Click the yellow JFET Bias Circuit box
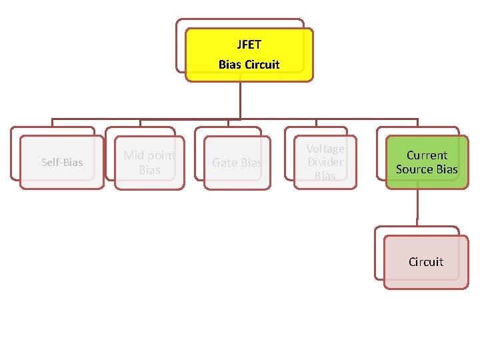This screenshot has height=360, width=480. pyautogui.click(x=249, y=55)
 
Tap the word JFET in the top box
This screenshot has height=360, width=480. pyautogui.click(x=249, y=45)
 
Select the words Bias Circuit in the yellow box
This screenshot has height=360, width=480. pyautogui.click(x=249, y=65)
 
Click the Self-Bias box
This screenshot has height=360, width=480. pyautogui.click(x=62, y=163)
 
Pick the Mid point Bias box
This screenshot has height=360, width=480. pyautogui.click(x=149, y=163)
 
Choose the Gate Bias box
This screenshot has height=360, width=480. pyautogui.click(x=237, y=163)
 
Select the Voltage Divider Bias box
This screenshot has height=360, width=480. pyautogui.click(x=325, y=163)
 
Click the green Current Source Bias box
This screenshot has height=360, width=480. pyautogui.click(x=427, y=162)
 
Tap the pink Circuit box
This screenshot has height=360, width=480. pyautogui.click(x=426, y=262)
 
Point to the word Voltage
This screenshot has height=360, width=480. pyautogui.click(x=325, y=149)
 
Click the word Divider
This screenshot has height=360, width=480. pyautogui.click(x=325, y=162)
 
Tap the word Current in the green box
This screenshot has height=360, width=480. pyautogui.click(x=427, y=155)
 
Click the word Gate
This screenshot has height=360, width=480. pyautogui.click(x=225, y=163)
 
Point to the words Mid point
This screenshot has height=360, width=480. pyautogui.click(x=149, y=155)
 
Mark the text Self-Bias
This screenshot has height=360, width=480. pyautogui.click(x=62, y=163)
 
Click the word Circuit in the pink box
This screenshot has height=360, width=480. pyautogui.click(x=426, y=262)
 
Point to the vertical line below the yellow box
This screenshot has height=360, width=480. pyautogui.click(x=240, y=100)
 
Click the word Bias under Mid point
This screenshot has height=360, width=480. pyautogui.click(x=149, y=170)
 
